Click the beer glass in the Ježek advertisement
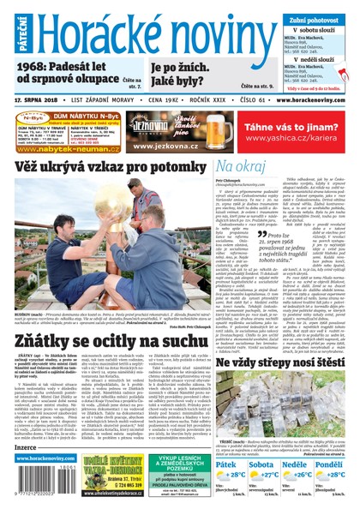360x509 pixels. [x=213, y=129]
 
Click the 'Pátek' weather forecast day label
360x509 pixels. [x=227, y=464]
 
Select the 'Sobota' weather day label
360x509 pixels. [x=261, y=464]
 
